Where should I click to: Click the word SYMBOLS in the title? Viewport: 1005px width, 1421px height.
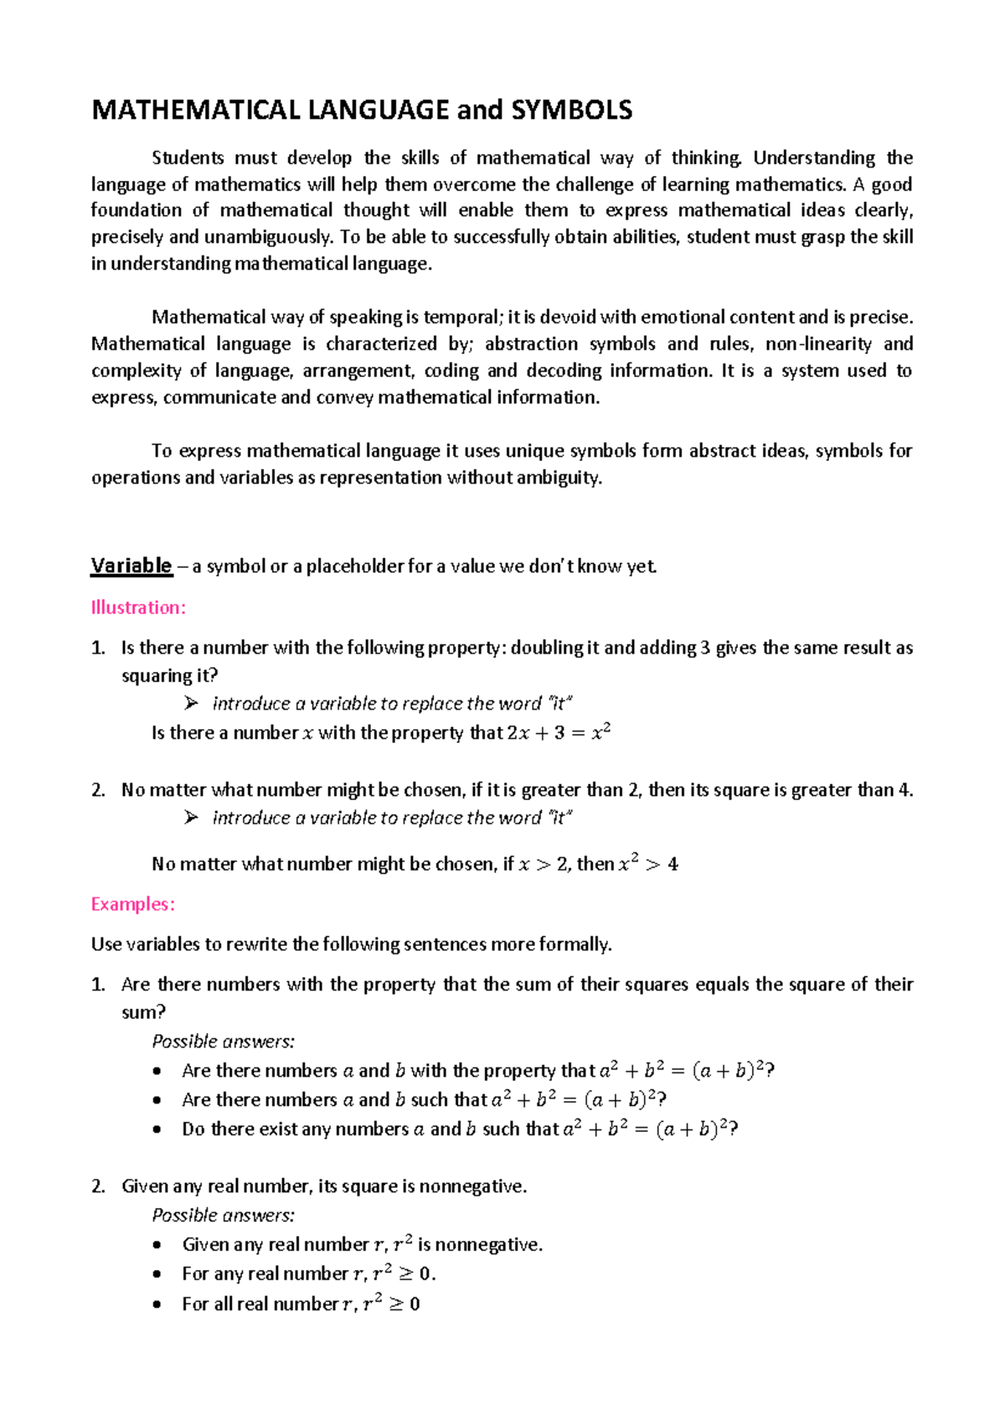[x=571, y=110]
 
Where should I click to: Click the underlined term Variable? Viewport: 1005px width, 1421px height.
[x=131, y=566]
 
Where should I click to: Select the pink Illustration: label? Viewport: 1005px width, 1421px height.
[x=138, y=607]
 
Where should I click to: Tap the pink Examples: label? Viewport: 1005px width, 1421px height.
[x=132, y=904]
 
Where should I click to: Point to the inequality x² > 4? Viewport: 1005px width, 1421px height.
[x=647, y=863]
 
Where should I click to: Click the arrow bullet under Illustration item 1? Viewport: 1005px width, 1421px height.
[x=191, y=703]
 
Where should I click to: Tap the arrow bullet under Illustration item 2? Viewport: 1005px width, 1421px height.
[x=191, y=817]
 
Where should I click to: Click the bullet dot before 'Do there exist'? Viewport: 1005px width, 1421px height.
[x=157, y=1129]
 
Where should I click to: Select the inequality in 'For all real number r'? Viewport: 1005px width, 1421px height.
[x=391, y=1303]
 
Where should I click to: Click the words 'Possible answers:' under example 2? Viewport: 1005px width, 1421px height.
[x=223, y=1215]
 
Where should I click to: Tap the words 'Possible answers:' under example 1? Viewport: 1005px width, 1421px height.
[x=223, y=1041]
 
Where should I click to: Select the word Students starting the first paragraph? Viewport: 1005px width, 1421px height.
[x=188, y=158]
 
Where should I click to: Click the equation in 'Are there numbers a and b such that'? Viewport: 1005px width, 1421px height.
[x=579, y=1099]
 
